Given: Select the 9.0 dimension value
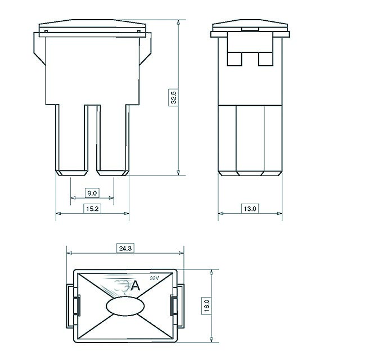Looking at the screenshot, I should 92,193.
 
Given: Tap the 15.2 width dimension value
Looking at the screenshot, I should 92,209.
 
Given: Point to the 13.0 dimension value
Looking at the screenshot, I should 250,209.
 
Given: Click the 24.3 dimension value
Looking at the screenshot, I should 124,247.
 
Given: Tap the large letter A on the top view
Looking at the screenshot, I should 135,286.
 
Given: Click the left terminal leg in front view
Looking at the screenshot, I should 71,138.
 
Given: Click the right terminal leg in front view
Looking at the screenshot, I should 113,138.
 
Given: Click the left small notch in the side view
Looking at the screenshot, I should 235,58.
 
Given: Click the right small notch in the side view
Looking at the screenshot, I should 264,58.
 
